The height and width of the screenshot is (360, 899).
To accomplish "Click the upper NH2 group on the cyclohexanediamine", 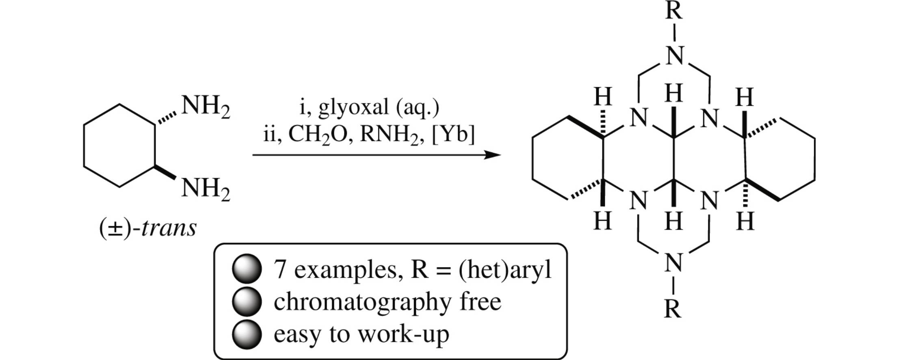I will point(205,106).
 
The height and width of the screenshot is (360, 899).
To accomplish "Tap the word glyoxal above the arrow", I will point(353,107).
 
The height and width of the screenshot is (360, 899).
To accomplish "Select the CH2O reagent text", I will point(318,134).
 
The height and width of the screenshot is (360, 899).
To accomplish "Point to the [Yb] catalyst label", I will point(453,134).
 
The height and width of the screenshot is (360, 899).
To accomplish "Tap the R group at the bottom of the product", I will point(673,309).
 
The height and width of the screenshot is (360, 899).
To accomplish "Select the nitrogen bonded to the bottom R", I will point(673,263).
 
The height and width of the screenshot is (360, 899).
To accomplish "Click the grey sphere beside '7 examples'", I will point(247,269).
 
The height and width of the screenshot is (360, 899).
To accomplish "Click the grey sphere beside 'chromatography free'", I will point(247,301).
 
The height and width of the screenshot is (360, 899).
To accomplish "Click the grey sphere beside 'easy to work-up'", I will point(247,334).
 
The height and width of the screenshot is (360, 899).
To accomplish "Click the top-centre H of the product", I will point(674,93).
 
